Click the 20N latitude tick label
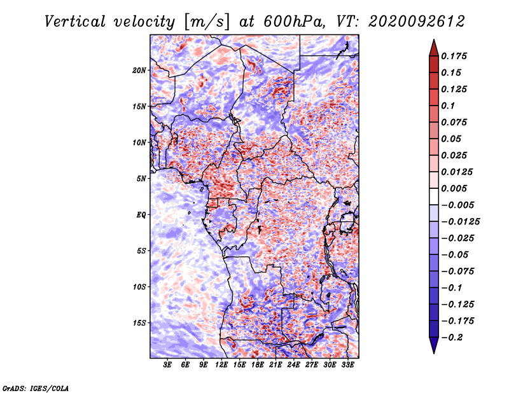(x=139, y=70)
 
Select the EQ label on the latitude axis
(x=141, y=215)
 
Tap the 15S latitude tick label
(x=139, y=323)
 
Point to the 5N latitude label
(x=141, y=179)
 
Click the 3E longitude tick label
(x=167, y=365)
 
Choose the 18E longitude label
(x=258, y=365)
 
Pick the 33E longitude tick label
(x=347, y=365)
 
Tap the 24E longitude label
(x=293, y=365)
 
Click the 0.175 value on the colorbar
(x=454, y=56)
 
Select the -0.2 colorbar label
(x=452, y=338)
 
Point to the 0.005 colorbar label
(x=454, y=188)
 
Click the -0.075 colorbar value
(x=457, y=272)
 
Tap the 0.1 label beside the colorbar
(x=448, y=106)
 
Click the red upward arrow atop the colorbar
(x=434, y=48)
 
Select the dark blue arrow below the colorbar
(x=434, y=345)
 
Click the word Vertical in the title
(x=75, y=22)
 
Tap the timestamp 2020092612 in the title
(x=417, y=22)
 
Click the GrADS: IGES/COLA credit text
(x=36, y=388)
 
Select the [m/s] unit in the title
(x=207, y=22)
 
